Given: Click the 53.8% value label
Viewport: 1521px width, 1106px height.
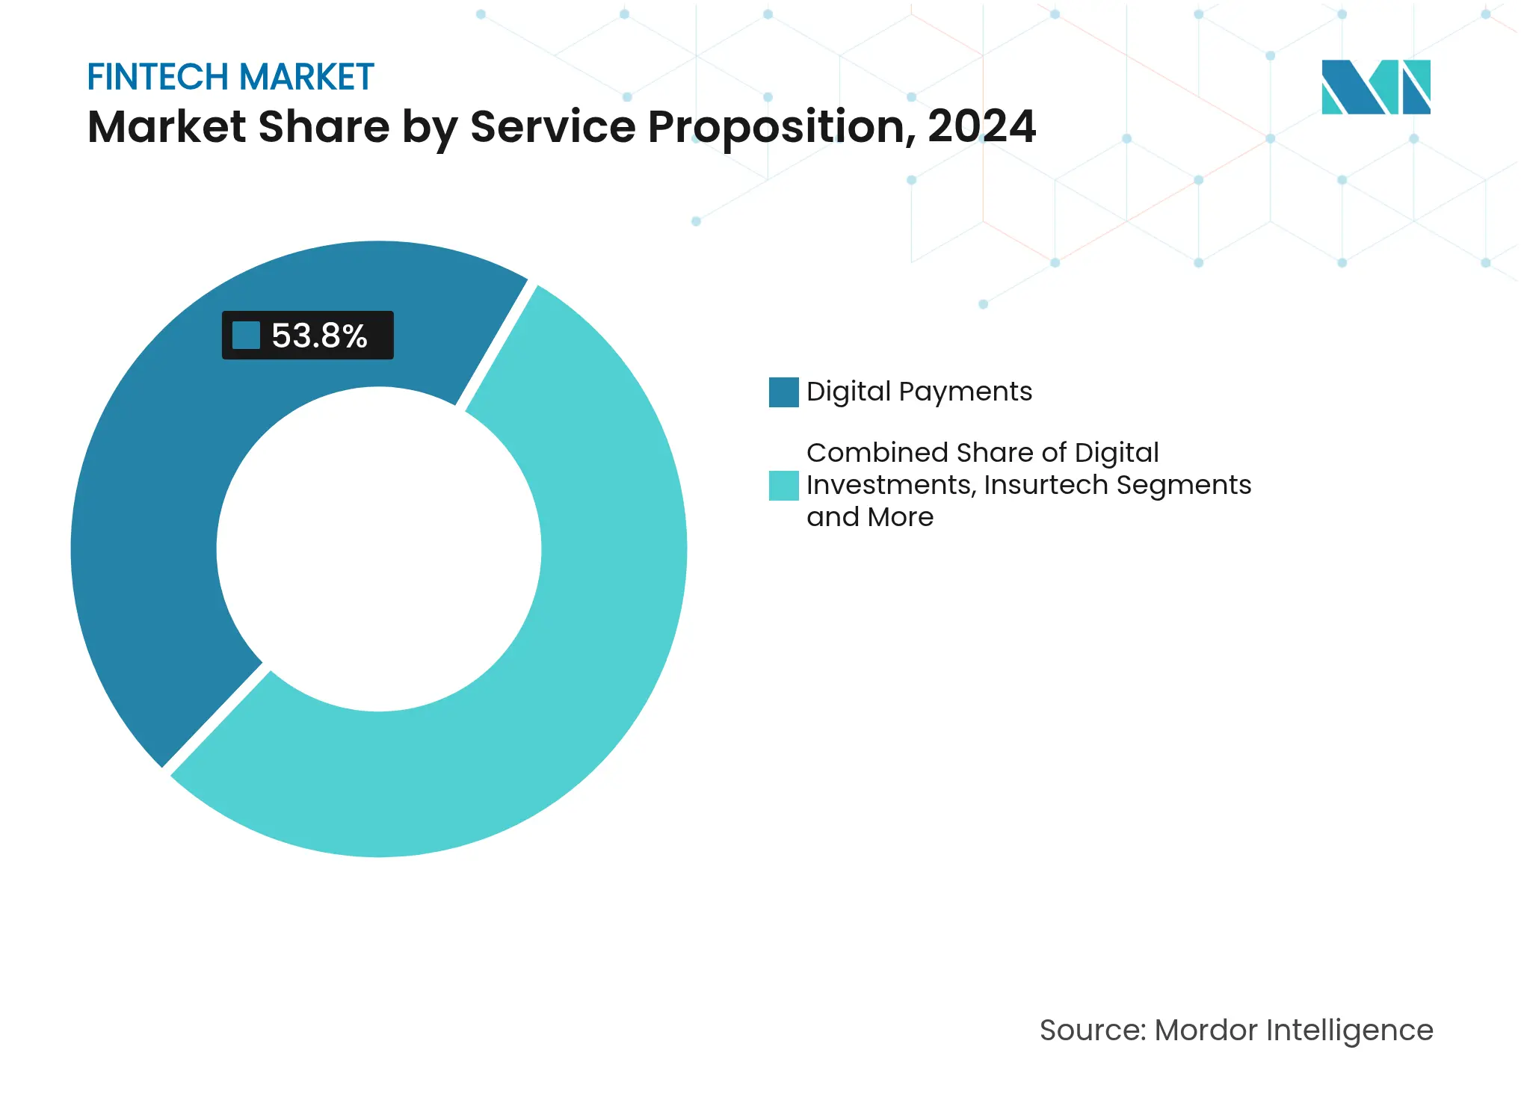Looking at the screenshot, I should pyautogui.click(x=319, y=336).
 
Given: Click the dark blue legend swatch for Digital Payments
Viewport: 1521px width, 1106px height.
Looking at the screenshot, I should pyautogui.click(x=783, y=392).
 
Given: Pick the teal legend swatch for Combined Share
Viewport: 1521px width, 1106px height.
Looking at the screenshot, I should pyautogui.click(x=783, y=486).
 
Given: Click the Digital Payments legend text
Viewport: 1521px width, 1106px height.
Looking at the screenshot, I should pyautogui.click(x=919, y=392).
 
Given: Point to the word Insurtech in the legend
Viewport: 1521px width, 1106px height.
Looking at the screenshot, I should pyautogui.click(x=1046, y=485).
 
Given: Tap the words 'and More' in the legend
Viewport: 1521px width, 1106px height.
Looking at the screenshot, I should pyautogui.click(x=870, y=517).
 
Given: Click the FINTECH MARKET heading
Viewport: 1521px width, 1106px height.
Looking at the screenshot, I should pyautogui.click(x=230, y=77).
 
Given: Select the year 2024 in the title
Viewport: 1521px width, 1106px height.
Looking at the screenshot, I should pyautogui.click(x=981, y=126).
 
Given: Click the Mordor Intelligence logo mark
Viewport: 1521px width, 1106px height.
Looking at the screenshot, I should pyautogui.click(x=1375, y=87).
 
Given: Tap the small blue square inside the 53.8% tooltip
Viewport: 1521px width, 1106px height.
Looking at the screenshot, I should pyautogui.click(x=246, y=336).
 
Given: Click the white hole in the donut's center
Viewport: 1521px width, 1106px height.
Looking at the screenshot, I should pyautogui.click(x=379, y=549).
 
